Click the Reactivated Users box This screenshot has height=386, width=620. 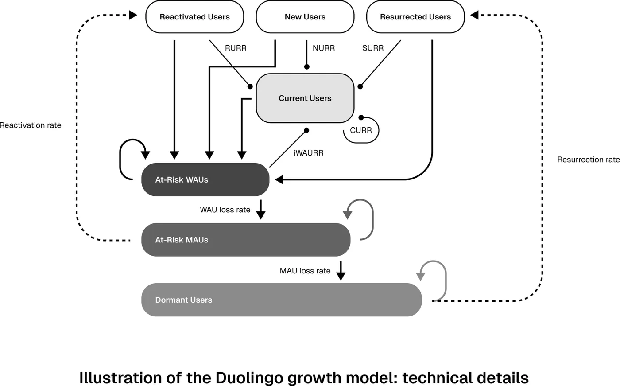click(194, 16)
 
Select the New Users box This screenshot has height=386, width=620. click(305, 16)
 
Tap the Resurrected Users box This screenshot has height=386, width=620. click(415, 16)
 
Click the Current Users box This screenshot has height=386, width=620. click(305, 98)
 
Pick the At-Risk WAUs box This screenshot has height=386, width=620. click(205, 180)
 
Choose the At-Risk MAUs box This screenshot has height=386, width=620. click(246, 240)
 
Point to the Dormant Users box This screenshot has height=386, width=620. click(282, 300)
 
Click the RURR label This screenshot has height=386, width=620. click(236, 48)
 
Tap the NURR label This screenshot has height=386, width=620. click(324, 48)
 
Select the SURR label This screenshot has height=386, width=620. click(373, 48)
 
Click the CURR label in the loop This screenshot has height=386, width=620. click(360, 130)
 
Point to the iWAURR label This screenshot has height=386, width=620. click(308, 153)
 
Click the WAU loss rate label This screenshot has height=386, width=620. click(225, 210)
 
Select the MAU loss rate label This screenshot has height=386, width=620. click(305, 270)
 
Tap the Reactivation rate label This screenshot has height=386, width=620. click(31, 125)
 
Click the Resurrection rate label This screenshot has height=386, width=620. click(589, 160)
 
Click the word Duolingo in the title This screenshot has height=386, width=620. click(252, 378)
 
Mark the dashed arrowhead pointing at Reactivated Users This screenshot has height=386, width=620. click(133, 15)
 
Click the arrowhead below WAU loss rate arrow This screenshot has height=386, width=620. click(261, 215)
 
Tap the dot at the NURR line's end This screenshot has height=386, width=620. click(306, 67)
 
